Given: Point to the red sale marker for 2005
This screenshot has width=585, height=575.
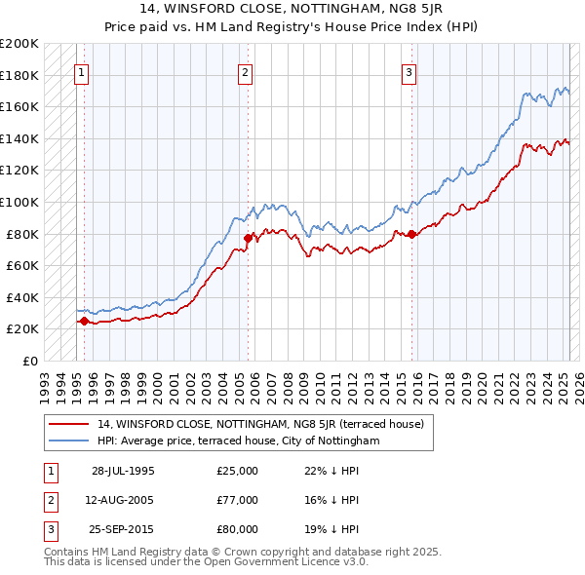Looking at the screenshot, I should click(248, 238).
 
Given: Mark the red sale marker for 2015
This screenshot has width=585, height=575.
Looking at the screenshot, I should click(412, 233).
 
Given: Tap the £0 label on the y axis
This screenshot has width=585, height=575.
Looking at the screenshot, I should click(29, 361).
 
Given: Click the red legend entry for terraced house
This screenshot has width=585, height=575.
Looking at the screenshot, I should click(259, 425).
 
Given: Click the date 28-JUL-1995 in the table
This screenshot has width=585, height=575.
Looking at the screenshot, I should click(123, 471).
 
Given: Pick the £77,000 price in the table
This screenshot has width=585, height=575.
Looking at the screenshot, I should click(238, 500).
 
